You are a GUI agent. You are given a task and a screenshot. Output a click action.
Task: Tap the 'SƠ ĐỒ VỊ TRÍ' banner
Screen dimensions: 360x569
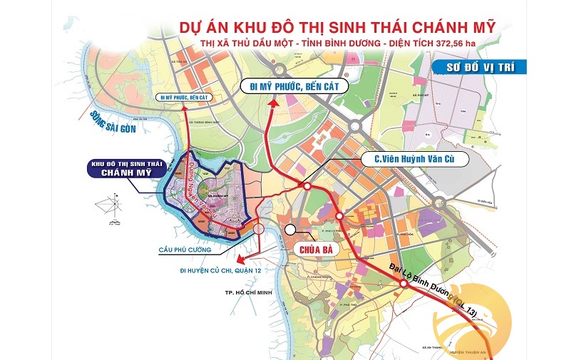click(x=478, y=68)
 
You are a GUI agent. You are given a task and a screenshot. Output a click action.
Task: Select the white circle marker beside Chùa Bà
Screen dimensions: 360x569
click(x=290, y=230)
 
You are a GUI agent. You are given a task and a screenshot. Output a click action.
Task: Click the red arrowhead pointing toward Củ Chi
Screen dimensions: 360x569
click(x=240, y=259)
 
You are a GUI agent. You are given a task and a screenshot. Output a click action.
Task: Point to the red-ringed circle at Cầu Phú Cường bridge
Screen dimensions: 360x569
click(x=258, y=229)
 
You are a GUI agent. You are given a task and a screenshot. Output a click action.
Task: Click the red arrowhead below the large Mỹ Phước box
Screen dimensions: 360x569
click(x=273, y=104)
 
